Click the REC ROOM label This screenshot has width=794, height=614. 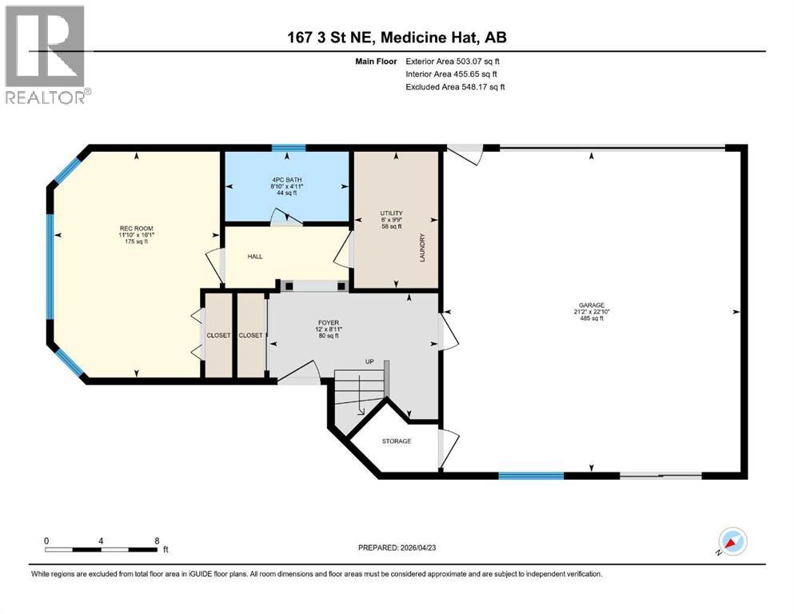pyautogui.click(x=136, y=229)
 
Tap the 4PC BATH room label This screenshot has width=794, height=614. pyautogui.click(x=286, y=180)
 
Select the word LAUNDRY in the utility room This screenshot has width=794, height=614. pyautogui.click(x=422, y=248)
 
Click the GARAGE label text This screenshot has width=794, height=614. pyautogui.click(x=592, y=305)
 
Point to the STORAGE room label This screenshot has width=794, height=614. pyautogui.click(x=397, y=441)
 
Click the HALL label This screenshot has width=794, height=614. pyautogui.click(x=255, y=257)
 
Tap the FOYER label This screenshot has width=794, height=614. pyautogui.click(x=329, y=322)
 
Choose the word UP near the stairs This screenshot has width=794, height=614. pyautogui.click(x=369, y=361)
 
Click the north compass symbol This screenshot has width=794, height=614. pyautogui.click(x=732, y=542)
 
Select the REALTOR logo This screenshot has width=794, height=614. pyautogui.click(x=46, y=54)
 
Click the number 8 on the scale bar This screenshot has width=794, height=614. pyautogui.click(x=157, y=540)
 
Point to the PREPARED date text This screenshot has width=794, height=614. pyautogui.click(x=397, y=548)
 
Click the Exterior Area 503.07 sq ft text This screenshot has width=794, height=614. pyautogui.click(x=453, y=62)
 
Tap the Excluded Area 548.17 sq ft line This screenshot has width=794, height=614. pyautogui.click(x=455, y=87)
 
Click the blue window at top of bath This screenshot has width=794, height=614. pyautogui.click(x=289, y=148)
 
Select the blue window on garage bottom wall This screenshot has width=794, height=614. pyautogui.click(x=531, y=476)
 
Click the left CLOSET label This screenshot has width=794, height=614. pyautogui.click(x=218, y=336)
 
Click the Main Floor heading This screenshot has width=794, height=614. pyautogui.click(x=376, y=62)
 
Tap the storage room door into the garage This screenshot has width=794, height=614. pyautogui.click(x=448, y=449)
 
